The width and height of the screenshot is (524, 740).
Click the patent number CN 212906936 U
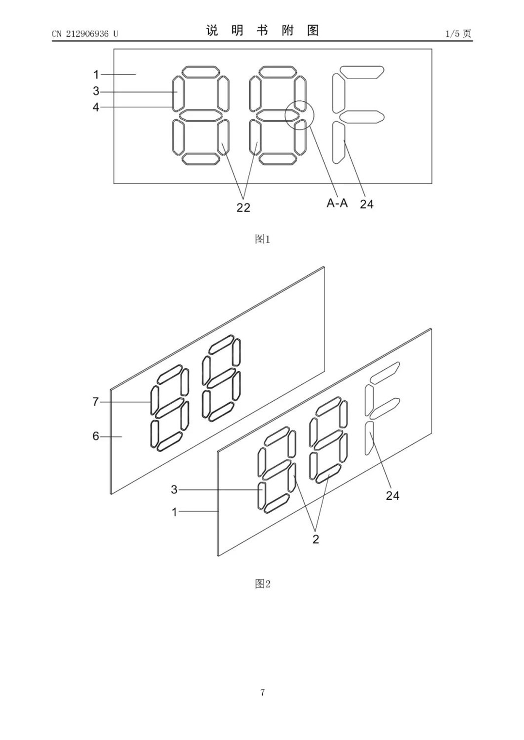tap(85, 34)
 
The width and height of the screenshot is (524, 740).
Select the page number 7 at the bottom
tap(262, 693)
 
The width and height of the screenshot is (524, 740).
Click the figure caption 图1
tap(262, 239)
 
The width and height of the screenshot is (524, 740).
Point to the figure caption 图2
tap(262, 584)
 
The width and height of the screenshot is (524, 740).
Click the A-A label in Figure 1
tap(337, 203)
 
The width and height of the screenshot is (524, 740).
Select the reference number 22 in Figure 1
tap(243, 207)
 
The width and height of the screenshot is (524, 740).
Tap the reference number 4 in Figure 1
tap(96, 107)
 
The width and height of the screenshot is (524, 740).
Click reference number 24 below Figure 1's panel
tap(366, 205)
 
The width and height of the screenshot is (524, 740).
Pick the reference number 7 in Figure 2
tap(96, 402)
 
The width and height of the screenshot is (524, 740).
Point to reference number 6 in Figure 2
tap(96, 437)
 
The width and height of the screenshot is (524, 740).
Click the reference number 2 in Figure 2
tap(316, 539)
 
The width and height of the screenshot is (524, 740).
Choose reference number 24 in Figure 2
tap(393, 496)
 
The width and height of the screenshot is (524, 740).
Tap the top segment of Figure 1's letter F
tap(362, 72)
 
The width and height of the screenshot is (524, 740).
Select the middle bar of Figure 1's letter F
tap(362, 117)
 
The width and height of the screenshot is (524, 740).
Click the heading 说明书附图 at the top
tap(262, 31)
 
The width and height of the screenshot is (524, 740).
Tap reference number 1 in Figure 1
tap(96, 75)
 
